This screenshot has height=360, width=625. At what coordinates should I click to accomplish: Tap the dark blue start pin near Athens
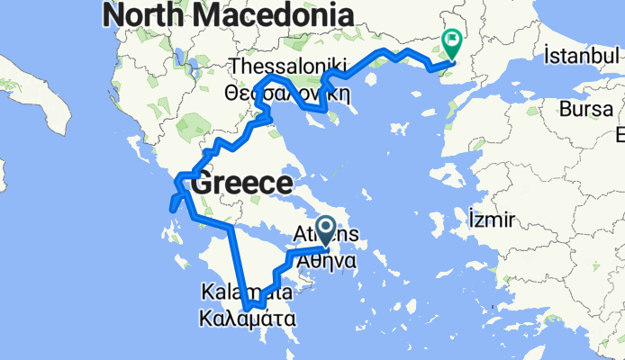325,230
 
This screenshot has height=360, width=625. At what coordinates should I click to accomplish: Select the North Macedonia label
227,14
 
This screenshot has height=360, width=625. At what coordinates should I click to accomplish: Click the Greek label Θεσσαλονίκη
287,92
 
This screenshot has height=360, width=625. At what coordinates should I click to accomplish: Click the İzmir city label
492,219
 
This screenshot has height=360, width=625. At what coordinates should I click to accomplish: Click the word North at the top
138,14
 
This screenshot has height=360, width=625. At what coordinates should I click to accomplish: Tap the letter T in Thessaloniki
235,67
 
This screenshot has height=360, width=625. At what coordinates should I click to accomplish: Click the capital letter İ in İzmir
471,219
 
